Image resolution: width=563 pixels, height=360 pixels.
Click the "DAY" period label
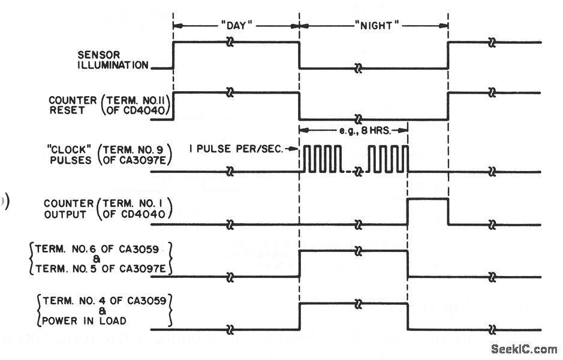coord(236,26)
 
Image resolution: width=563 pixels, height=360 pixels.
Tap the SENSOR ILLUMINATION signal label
coord(112,60)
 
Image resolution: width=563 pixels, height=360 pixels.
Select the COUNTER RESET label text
coord(73,106)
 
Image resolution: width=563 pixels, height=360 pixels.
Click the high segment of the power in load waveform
coord(354,304)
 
